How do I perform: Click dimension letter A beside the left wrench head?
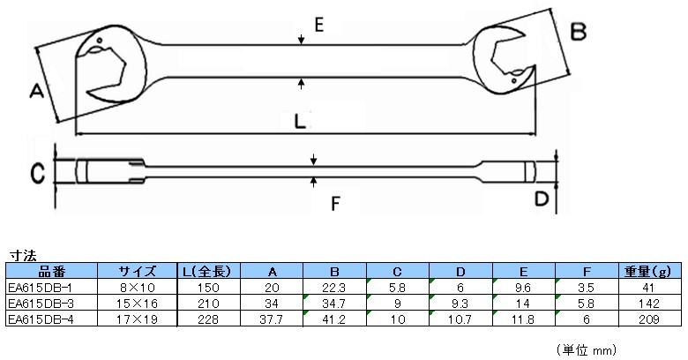pos(36,92)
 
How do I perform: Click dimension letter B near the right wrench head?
pos(579,33)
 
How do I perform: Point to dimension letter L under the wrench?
pos(301,122)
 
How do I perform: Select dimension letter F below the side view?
pos(334,205)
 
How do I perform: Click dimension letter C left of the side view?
pos(36,173)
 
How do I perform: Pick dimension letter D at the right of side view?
pos(542,199)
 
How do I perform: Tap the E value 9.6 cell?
pos(526,286)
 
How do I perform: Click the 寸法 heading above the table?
pos(21,255)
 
